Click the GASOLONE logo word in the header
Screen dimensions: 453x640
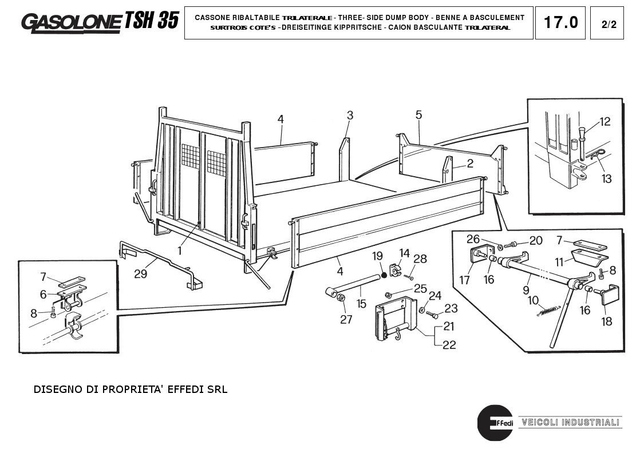[x=71, y=22]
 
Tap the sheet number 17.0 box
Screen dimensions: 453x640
[x=560, y=23]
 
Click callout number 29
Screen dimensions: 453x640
[x=140, y=274]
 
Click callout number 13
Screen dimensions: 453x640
[x=606, y=179]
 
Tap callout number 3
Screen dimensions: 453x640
[x=350, y=116]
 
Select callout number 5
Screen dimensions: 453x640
[x=418, y=116]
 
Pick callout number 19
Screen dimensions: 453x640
[x=377, y=255]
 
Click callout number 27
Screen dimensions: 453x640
[x=346, y=319]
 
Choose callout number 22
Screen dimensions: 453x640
[x=449, y=344]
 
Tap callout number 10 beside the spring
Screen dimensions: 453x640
[x=532, y=300]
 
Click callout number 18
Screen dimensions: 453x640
[x=606, y=321]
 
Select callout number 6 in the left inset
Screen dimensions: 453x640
[x=42, y=294]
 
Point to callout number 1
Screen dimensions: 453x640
[x=179, y=250]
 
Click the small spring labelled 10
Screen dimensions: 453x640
[x=547, y=311]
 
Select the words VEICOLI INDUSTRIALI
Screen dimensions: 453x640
[x=570, y=423]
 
